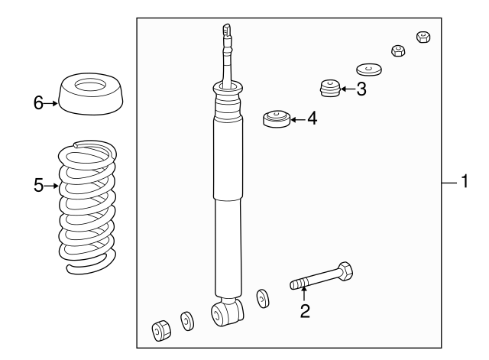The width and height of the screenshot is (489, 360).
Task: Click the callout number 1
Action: pos(465,181)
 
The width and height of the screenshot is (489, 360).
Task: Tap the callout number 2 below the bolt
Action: pos(305,311)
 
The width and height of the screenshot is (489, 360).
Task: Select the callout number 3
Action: pos(361,89)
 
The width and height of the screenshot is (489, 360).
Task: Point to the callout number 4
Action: pos(313,119)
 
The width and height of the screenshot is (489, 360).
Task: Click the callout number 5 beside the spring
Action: pos(39,186)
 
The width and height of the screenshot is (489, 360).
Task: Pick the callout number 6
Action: pos(38,103)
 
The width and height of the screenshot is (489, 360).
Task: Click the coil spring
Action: pos(88,207)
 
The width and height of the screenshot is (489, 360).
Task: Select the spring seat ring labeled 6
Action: pos(91,94)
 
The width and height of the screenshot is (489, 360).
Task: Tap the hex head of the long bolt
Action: pos(345,271)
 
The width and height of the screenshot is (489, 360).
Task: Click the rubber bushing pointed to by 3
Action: pos(330,88)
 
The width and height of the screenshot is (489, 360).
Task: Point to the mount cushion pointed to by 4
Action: pos(277,118)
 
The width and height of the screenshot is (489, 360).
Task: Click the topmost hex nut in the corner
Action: pos(423,37)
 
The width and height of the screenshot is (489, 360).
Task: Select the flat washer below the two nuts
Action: pos(369,70)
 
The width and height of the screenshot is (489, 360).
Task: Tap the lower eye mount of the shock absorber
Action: pos(227,312)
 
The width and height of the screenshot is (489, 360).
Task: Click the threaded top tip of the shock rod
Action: pos(227,30)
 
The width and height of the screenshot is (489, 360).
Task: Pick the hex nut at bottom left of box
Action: pos(161,330)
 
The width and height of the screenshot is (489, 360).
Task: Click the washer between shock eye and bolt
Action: pos(263,299)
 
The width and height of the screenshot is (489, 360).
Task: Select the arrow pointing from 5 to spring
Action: pos(51,186)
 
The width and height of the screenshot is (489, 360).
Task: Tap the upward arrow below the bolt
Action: pos(304,294)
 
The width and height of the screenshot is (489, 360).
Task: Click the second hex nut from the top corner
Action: pos(398,50)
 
